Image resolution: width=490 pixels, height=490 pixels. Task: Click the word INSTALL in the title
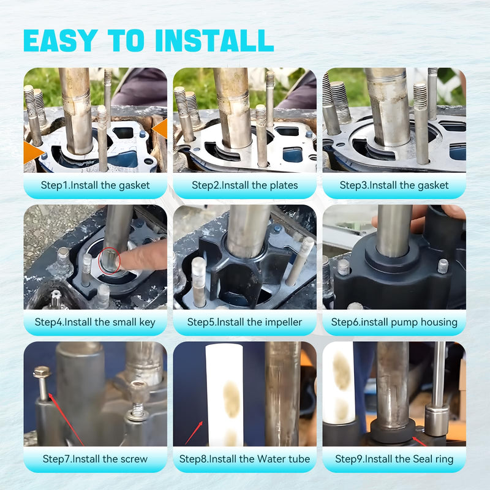(x=214, y=40)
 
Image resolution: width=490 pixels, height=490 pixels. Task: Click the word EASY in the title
(x=61, y=40)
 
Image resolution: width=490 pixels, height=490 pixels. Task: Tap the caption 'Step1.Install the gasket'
(x=96, y=186)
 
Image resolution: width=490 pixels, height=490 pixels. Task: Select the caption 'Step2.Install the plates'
(x=244, y=186)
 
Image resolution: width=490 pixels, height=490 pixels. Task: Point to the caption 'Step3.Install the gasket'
(x=394, y=186)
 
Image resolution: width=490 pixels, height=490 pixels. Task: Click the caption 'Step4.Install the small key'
(x=95, y=322)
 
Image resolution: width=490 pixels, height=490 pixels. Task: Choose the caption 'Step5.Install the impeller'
(x=244, y=322)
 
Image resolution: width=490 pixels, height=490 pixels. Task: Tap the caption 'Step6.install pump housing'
(x=394, y=322)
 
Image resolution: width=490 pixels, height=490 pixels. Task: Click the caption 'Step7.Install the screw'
(x=95, y=459)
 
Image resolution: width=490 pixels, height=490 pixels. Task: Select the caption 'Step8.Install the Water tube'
(x=244, y=459)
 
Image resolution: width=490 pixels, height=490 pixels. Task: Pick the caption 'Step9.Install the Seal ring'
(x=394, y=459)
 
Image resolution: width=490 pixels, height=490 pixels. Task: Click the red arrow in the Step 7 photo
(x=66, y=420)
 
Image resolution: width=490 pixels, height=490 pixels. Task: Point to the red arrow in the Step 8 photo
(x=194, y=433)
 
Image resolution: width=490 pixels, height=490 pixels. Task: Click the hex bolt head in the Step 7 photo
(x=42, y=372)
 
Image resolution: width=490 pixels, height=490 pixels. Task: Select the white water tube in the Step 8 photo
(x=224, y=394)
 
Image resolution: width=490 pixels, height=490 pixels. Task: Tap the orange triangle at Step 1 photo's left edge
(x=33, y=152)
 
